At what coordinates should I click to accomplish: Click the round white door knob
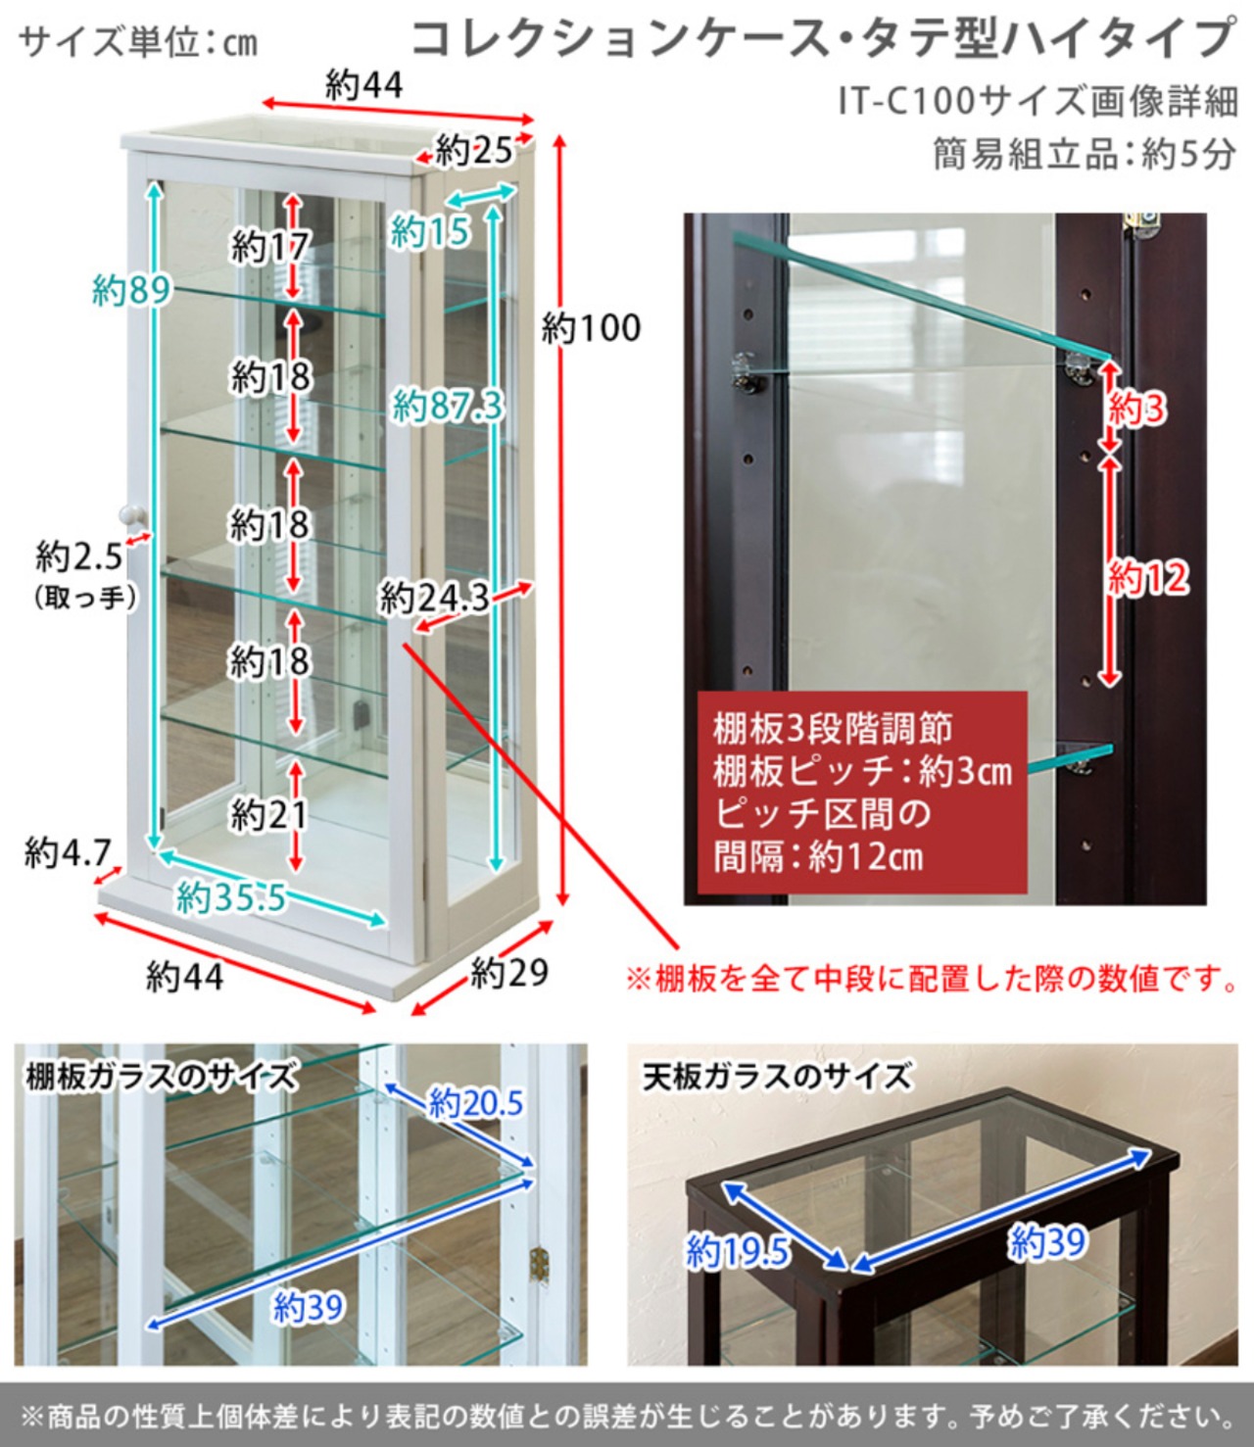[131, 516]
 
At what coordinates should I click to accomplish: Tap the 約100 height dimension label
[591, 328]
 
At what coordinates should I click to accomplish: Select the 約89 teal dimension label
[131, 290]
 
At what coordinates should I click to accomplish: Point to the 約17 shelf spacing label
[269, 247]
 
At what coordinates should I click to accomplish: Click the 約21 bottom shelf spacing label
[269, 815]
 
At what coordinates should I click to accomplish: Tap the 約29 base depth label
[509, 973]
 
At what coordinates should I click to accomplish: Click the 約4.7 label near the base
[68, 852]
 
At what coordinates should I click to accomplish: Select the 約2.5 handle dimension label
[79, 557]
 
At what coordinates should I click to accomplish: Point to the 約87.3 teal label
[448, 405]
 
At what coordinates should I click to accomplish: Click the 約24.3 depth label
[434, 599]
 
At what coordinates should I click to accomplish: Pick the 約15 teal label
[430, 232]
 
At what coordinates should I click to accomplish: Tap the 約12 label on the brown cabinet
[1148, 578]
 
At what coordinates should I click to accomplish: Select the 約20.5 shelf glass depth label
[476, 1102]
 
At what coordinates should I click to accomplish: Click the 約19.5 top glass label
[738, 1252]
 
